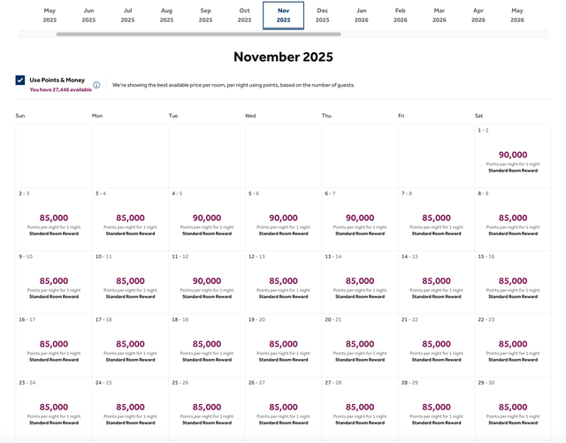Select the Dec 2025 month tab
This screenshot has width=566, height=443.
pos(322,14)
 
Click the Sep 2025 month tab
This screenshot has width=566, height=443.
pos(205,14)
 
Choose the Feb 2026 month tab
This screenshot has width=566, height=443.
pos(401,14)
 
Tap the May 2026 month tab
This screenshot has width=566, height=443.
pos(516,14)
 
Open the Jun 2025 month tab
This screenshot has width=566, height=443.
pos(88,14)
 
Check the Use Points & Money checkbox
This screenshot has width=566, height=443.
pos(20,80)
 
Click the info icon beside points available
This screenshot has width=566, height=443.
pos(96,86)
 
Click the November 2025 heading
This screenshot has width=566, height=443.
pos(283,57)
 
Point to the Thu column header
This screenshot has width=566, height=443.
pos(327,116)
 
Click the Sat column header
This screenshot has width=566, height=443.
pos(479,116)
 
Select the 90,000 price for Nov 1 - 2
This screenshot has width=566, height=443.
pos(513,155)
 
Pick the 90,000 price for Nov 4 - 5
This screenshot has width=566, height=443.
pos(207,218)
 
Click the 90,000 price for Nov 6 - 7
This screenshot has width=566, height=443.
pos(360,218)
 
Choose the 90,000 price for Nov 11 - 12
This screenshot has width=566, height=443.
pos(207,281)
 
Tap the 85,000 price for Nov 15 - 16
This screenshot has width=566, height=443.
pos(513,281)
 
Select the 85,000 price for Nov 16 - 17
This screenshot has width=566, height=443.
pos(54,344)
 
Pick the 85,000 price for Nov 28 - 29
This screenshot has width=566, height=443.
pos(436,408)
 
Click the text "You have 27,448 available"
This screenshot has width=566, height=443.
pos(60,89)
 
